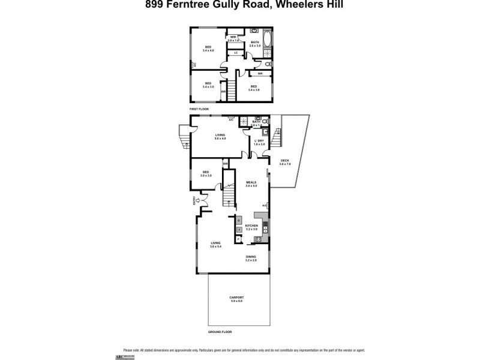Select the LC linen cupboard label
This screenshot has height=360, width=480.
[236, 53]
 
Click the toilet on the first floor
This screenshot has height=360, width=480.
[268, 64]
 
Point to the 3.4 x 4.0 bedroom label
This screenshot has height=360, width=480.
[208, 49]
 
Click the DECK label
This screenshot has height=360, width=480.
[284, 161]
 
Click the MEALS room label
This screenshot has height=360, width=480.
[251, 184]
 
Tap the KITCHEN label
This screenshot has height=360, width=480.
[251, 226]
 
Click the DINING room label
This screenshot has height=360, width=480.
[251, 257]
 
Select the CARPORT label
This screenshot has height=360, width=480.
[236, 299]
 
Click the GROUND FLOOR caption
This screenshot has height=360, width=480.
[220, 332]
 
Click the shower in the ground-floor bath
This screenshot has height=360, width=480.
[244, 122]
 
